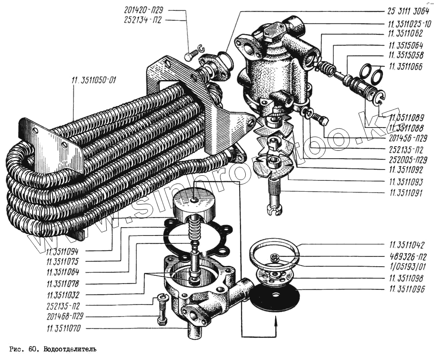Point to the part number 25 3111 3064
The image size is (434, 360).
pos(408,12)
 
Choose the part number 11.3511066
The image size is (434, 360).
pos(408,66)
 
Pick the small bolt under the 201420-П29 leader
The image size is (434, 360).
pos(188,56)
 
